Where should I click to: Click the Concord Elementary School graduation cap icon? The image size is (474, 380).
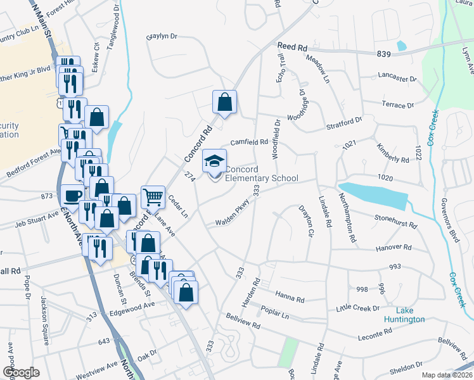coord(214,161)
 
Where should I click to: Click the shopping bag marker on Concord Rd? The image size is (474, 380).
coord(224,102)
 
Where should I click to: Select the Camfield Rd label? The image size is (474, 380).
coord(249,142)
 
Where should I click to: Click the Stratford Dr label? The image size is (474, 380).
coord(345,119)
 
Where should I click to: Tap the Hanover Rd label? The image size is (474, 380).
coord(395,248)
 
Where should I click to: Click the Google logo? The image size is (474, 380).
coord(22,372)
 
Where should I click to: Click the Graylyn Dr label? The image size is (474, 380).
coord(163,37)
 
